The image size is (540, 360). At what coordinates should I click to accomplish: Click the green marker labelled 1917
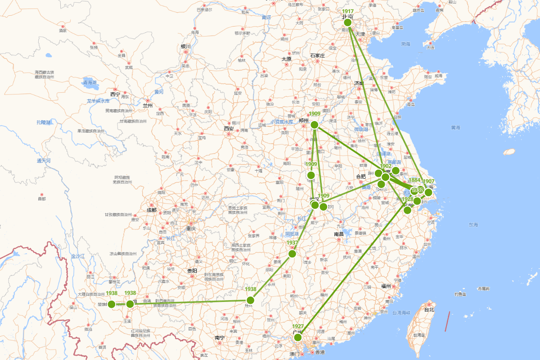pos(347,22)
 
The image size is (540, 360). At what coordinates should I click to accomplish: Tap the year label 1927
pos(298,326)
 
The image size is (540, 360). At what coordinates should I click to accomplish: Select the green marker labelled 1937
pos(292,253)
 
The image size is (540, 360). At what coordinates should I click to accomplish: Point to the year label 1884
pos(414,180)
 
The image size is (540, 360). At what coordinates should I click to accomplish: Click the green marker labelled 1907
pos(428,193)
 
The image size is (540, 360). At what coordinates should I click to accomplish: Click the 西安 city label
pos(229,129)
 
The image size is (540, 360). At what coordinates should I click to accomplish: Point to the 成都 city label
pos(151,210)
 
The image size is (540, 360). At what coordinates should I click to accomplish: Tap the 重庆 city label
pos(191,229)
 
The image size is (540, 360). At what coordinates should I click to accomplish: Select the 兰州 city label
pos(148,106)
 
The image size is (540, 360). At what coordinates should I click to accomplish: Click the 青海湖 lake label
pos(90,82)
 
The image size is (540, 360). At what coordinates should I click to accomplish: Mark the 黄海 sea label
pos(456,128)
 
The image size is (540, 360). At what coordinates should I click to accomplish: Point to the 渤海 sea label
pos(406,44)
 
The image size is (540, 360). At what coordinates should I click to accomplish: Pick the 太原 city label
pos(287,59)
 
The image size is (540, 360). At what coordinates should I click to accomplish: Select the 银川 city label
pos(186,46)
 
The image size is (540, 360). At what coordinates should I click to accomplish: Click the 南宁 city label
pos(220,337)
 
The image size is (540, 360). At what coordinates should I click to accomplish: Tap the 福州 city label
pos(386,286)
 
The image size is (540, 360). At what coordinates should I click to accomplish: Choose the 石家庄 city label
pos(317,55)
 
